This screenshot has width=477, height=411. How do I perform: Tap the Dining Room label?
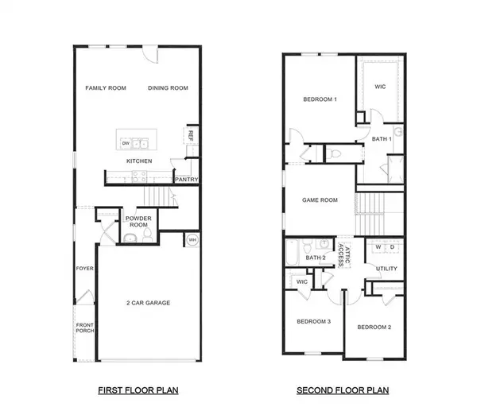168,87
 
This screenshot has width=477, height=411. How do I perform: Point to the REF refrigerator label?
191,135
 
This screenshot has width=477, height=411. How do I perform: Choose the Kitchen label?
139,161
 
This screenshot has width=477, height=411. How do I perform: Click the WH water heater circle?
192,240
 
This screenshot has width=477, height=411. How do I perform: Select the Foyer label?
85,269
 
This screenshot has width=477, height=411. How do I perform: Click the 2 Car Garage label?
149,302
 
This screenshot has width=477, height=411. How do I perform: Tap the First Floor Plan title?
138,390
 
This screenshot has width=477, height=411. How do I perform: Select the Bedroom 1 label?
320,99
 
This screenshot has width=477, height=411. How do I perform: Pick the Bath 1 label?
382,139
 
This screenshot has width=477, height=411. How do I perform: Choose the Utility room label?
386,269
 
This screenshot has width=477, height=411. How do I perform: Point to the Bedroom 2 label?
374,327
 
